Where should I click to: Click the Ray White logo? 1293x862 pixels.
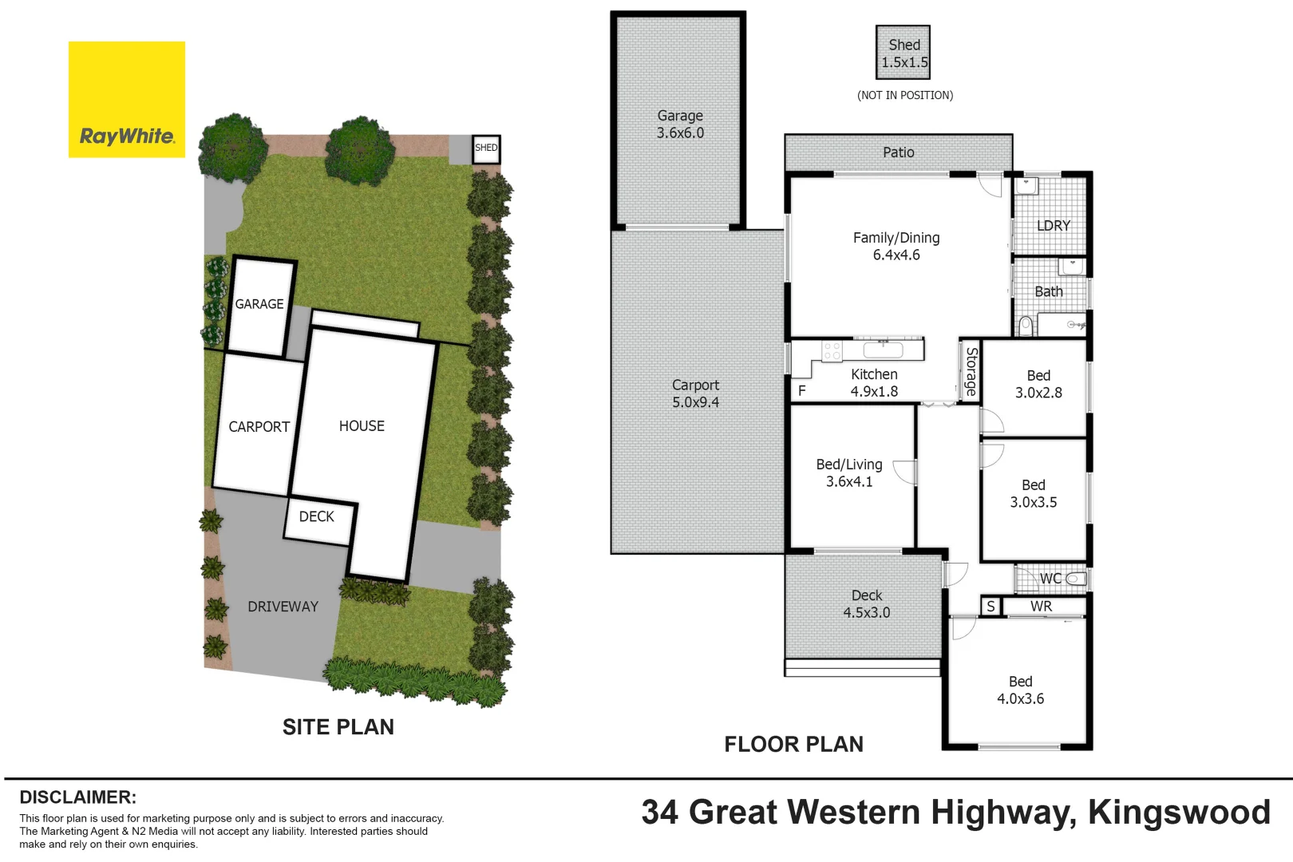tap(127, 100)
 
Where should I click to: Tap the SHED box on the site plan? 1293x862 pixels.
tap(486, 148)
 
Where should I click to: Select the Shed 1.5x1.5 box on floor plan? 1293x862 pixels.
tap(904, 53)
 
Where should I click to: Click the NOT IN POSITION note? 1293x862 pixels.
tap(905, 95)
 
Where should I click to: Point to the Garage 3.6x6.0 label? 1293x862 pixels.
tap(680, 125)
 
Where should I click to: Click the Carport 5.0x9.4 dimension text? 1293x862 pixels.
tap(695, 402)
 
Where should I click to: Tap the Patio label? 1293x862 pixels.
tap(899, 152)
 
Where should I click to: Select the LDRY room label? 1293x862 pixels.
tap(1053, 226)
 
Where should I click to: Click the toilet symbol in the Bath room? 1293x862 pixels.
tap(1026, 325)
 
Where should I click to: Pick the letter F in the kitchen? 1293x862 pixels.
tap(802, 390)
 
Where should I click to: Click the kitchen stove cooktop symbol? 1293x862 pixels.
tap(832, 351)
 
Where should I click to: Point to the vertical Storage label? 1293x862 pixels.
tap(971, 372)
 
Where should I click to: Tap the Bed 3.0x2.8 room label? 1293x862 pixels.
tap(1038, 384)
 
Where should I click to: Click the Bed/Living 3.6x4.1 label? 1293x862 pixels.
tap(849, 473)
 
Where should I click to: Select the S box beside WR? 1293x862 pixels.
tap(991, 607)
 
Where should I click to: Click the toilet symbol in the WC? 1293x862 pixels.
tap(1075, 579)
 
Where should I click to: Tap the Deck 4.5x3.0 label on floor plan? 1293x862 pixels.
tap(867, 604)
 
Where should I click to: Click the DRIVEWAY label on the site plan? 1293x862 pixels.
tap(283, 607)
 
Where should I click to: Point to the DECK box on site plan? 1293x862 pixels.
tap(317, 517)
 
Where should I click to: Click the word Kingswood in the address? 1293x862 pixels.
tap(1179, 813)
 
